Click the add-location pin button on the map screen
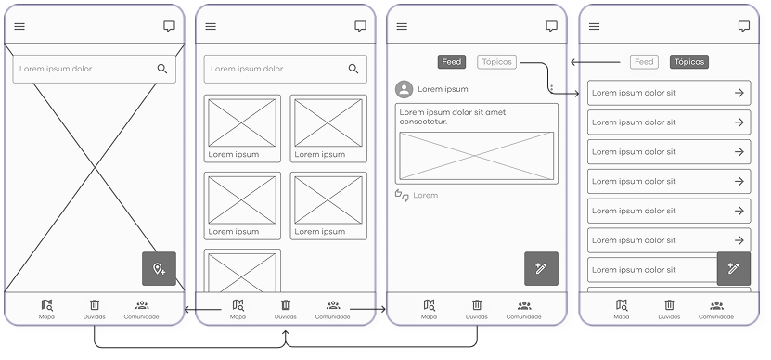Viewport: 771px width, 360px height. coord(159,268)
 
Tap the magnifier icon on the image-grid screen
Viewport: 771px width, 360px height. coord(353,69)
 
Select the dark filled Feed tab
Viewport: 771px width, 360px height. coord(452,62)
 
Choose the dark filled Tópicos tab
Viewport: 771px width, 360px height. coord(688,62)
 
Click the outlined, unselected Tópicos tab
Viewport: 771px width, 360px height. coord(496,62)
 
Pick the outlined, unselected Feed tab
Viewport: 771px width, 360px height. coord(644,62)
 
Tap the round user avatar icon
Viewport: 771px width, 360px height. coord(405,89)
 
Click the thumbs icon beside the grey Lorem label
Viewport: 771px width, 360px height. coord(402,195)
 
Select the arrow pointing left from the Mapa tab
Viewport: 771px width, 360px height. coord(202,309)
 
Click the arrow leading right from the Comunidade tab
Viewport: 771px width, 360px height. coord(368,309)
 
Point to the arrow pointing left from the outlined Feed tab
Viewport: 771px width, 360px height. coord(595,62)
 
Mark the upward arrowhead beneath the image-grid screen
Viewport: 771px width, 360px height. coord(286,333)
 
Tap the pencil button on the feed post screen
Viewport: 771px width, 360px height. coord(541,268)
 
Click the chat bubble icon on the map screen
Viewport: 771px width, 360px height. coord(169,27)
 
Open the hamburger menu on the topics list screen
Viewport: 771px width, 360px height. coord(594,27)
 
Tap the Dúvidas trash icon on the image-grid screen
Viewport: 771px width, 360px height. coord(286,305)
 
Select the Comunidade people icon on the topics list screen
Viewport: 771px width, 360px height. coord(716,305)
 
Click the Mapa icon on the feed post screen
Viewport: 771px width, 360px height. coord(430,305)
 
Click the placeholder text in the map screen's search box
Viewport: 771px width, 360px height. coord(56,69)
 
